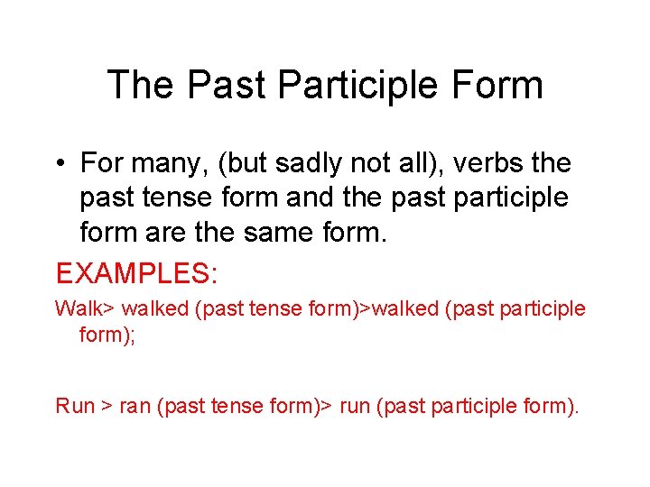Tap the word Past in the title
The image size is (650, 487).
coord(227,86)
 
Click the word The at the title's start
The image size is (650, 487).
coord(144,86)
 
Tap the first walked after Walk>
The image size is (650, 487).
coord(154,308)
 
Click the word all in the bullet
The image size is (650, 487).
coord(408,163)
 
